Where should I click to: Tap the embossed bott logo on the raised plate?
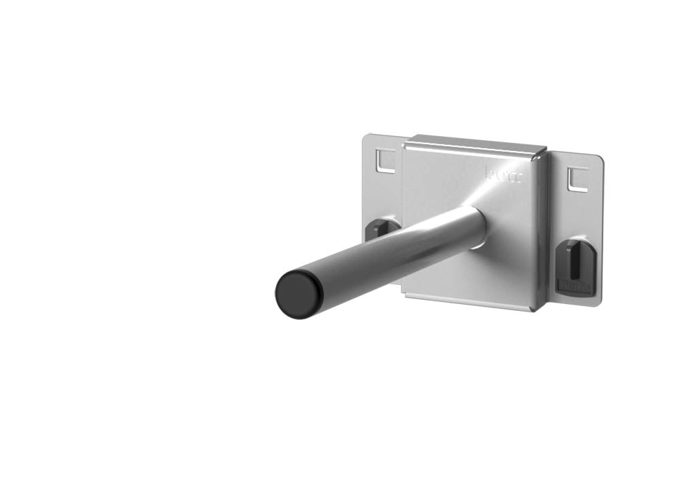pos(503,175)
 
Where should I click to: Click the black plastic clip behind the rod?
pos(382,228)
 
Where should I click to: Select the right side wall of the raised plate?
pos(540,231)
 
